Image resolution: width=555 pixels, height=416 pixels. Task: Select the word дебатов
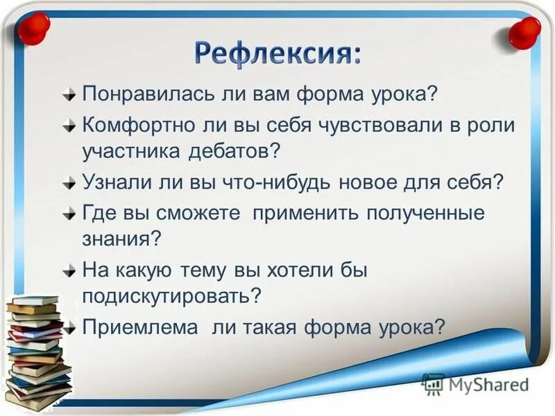[235, 150]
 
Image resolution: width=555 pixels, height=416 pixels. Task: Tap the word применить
[305, 213]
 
